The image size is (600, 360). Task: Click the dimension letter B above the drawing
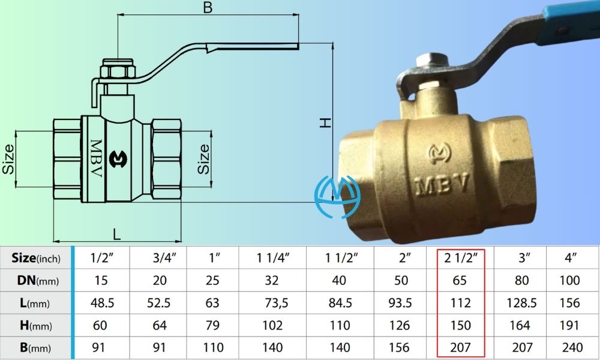[208, 8]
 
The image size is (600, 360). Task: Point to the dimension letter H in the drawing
[325, 122]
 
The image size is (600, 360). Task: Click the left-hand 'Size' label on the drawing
[8, 160]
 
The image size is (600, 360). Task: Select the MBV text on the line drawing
[96, 159]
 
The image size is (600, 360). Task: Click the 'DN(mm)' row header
[35, 280]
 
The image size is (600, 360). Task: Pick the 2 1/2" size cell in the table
[460, 259]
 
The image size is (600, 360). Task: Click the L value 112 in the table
[460, 303]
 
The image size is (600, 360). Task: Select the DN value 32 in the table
[272, 281]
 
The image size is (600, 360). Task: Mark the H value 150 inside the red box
[460, 325]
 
